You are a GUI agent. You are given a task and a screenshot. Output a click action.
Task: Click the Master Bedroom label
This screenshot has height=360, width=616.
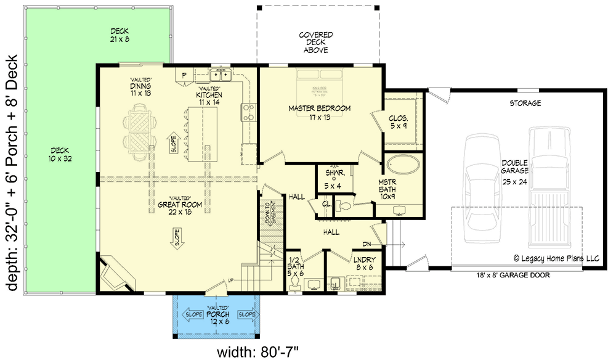[319, 112]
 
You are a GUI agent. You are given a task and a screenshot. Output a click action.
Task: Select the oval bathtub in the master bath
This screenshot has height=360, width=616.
[403, 165]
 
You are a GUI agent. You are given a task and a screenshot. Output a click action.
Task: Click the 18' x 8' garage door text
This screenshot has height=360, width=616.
[513, 276]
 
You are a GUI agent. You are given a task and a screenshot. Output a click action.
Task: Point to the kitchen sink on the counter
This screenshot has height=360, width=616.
[220, 76]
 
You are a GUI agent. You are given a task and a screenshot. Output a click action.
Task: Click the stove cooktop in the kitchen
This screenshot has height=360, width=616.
[248, 111]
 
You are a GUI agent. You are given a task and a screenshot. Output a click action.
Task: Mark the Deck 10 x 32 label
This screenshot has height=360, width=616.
[60, 154]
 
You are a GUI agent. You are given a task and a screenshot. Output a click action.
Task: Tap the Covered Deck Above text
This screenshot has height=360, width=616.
[316, 43]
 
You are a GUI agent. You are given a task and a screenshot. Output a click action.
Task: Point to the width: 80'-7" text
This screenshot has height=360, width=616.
[258, 352]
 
